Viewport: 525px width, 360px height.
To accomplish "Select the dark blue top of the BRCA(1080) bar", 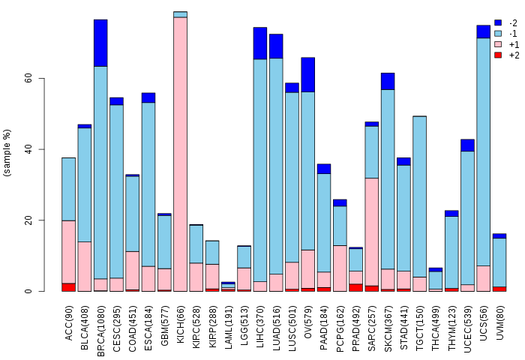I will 100,43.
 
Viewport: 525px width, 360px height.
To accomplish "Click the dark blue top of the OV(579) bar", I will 307,74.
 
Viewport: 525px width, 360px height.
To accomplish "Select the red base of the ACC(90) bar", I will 68,287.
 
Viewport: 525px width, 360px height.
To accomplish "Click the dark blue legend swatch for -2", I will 498,23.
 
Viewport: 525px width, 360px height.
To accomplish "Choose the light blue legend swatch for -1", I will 498,34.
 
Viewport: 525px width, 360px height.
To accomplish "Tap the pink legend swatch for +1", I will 498,44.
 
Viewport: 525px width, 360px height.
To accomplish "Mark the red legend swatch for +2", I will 498,55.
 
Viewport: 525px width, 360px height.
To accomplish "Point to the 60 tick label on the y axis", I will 28,78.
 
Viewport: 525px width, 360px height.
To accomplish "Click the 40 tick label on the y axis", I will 28,149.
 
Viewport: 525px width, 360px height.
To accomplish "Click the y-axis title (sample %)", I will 7,153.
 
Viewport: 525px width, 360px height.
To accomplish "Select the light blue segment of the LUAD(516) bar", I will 276,166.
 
